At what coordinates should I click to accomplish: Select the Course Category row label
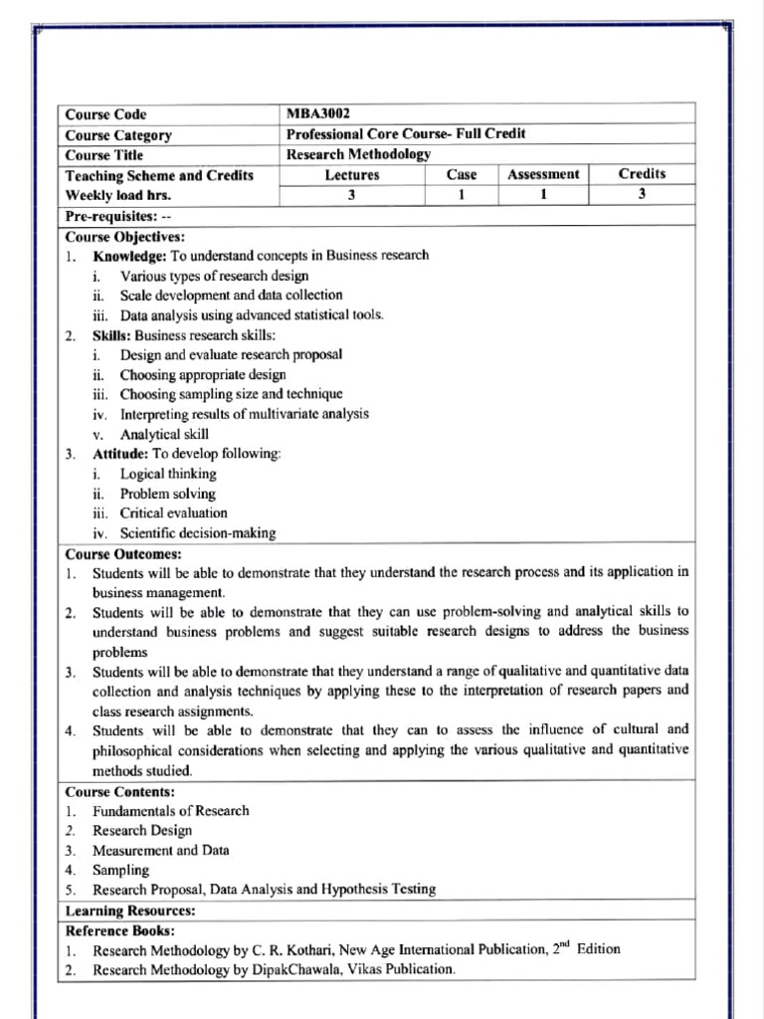pyautogui.click(x=118, y=135)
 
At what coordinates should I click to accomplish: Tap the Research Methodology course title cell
pyautogui.click(x=358, y=154)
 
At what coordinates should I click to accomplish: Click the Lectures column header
pyautogui.click(x=351, y=175)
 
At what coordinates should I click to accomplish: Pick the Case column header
pyautogui.click(x=462, y=175)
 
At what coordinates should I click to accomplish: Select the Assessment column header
pyautogui.click(x=542, y=174)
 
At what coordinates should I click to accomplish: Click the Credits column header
pyautogui.click(x=642, y=173)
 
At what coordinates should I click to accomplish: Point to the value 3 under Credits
pyautogui.click(x=642, y=195)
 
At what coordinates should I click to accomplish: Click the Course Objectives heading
pyautogui.click(x=125, y=237)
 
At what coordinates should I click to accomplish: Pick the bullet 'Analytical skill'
pyautogui.click(x=164, y=434)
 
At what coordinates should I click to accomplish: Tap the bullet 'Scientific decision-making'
pyautogui.click(x=198, y=533)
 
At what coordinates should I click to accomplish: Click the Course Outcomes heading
pyautogui.click(x=123, y=553)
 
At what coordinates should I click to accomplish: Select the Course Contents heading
pyautogui.click(x=120, y=791)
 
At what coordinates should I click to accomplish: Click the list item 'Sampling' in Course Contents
pyautogui.click(x=120, y=870)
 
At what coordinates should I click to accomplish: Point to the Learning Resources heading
pyautogui.click(x=130, y=911)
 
